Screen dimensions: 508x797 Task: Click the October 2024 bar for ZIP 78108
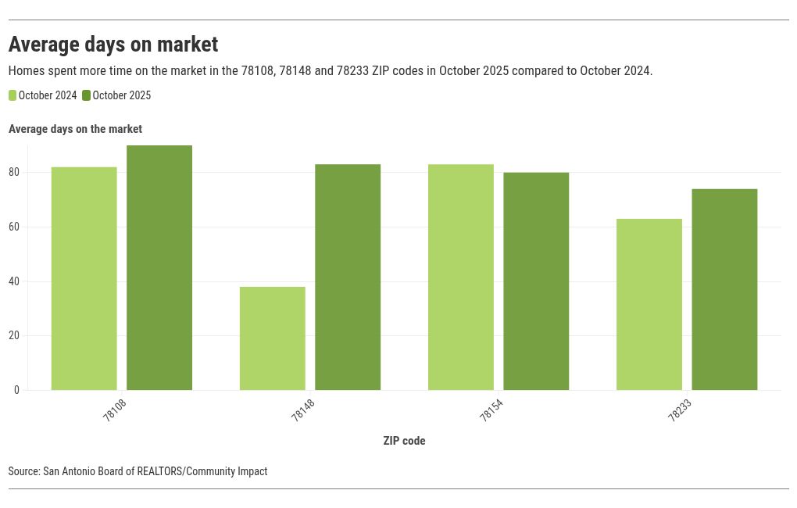pyautogui.click(x=84, y=278)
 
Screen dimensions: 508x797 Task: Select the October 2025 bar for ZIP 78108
pyautogui.click(x=159, y=267)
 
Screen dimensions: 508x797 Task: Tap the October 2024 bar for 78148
pyautogui.click(x=273, y=338)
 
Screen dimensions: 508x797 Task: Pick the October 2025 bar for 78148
pyautogui.click(x=348, y=277)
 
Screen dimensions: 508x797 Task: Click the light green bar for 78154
pyautogui.click(x=461, y=277)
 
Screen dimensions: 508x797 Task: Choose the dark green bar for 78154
pyautogui.click(x=536, y=281)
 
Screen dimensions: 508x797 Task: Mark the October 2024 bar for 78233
pyautogui.click(x=649, y=304)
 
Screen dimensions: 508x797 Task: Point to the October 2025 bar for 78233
pyautogui.click(x=724, y=289)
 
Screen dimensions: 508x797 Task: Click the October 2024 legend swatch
pyautogui.click(x=13, y=95)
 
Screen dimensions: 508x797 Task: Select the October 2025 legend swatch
pyautogui.click(x=87, y=95)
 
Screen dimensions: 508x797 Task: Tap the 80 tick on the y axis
pyautogui.click(x=15, y=172)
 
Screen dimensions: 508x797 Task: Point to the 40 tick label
pyautogui.click(x=15, y=281)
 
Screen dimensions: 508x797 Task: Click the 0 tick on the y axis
pyautogui.click(x=16, y=390)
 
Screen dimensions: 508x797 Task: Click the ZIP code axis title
pyautogui.click(x=404, y=441)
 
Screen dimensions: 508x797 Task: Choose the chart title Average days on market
pyautogui.click(x=113, y=44)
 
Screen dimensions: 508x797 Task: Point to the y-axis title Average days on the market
pyautogui.click(x=75, y=129)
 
